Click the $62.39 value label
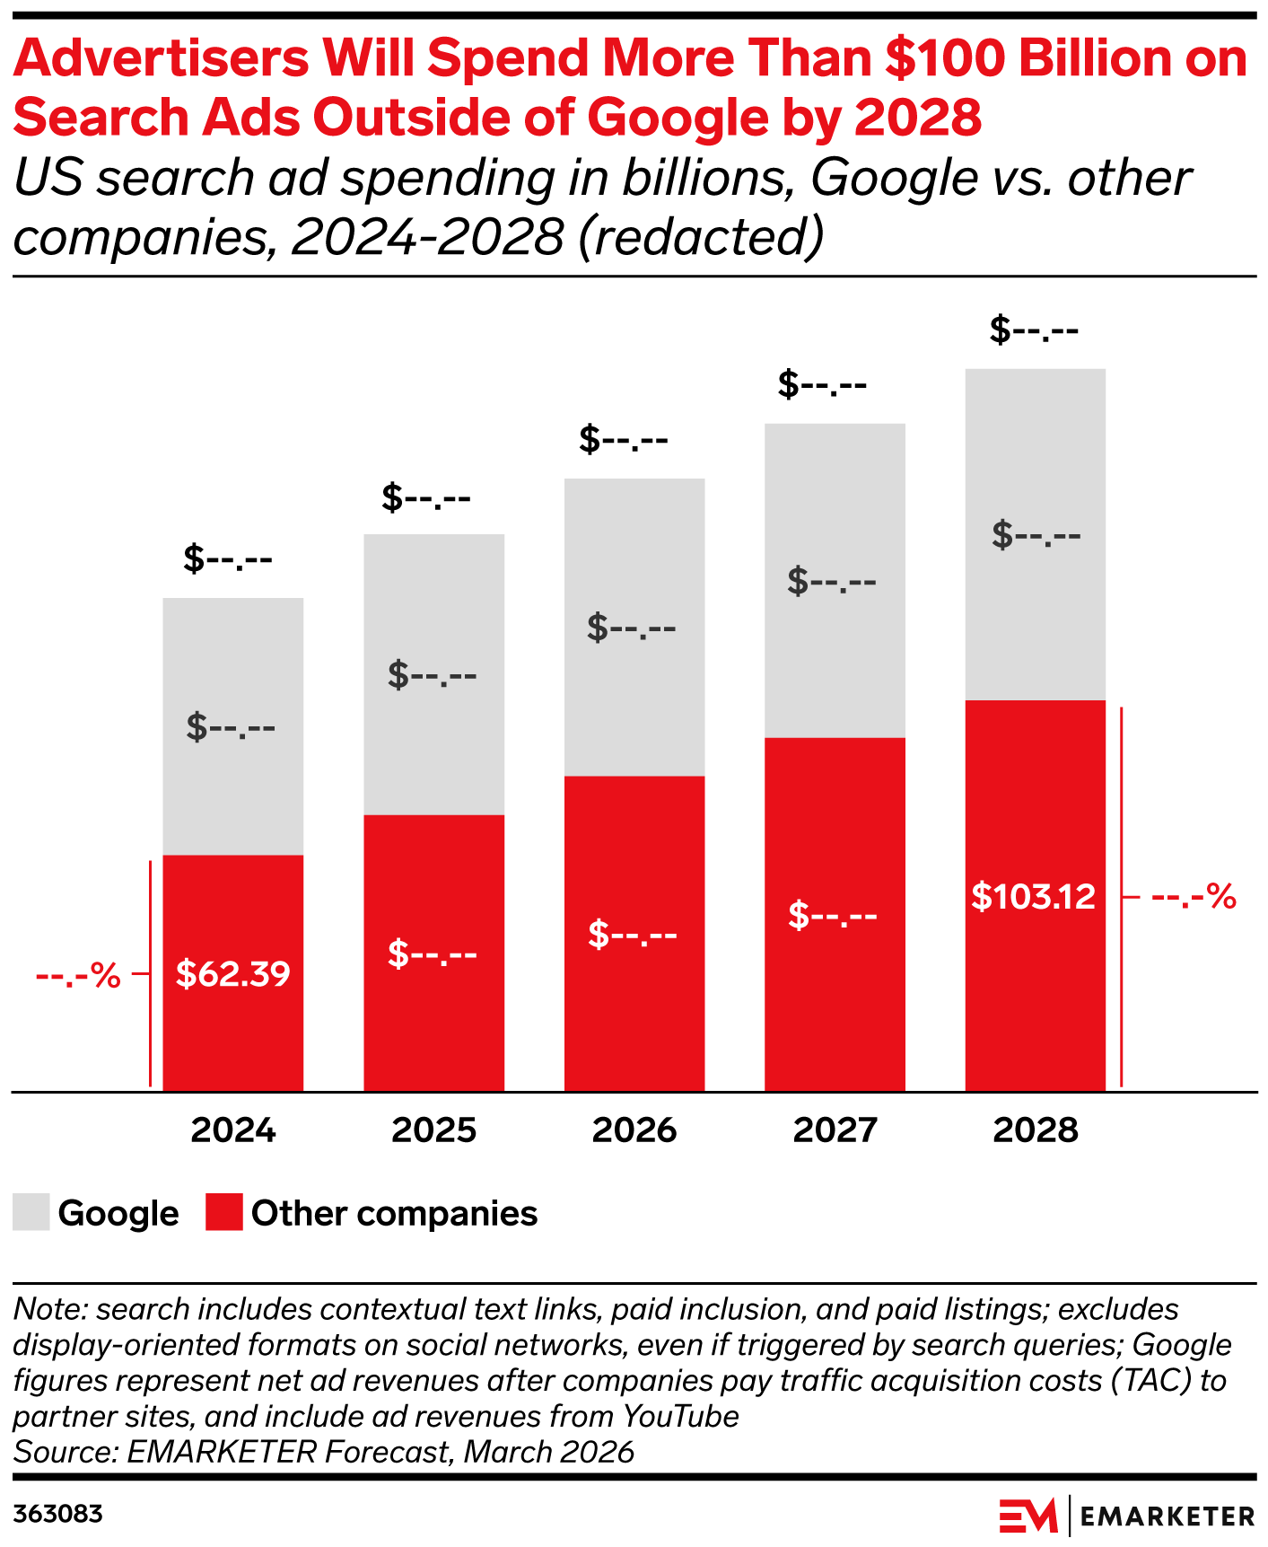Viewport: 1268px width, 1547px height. [232, 974]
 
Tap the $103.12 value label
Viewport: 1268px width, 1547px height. [1034, 897]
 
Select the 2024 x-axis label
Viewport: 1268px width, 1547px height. [233, 1130]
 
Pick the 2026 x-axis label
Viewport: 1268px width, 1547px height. [634, 1130]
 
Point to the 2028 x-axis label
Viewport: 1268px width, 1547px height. [1035, 1130]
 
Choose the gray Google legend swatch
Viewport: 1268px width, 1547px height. [31, 1212]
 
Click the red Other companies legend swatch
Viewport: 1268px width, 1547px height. [224, 1212]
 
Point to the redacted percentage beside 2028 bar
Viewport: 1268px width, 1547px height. [1194, 897]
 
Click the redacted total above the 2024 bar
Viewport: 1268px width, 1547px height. [228, 559]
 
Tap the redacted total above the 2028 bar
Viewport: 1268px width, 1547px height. [1034, 330]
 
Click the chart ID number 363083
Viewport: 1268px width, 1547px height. [58, 1515]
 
